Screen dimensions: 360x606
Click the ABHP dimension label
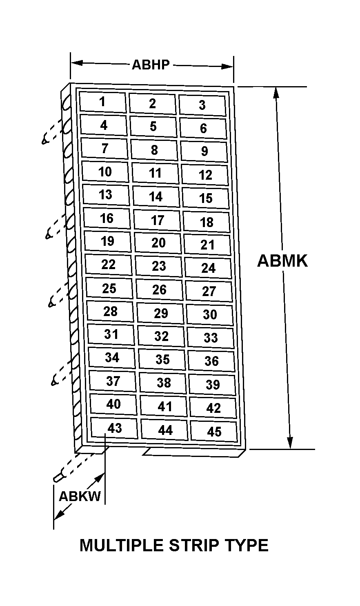point(151,65)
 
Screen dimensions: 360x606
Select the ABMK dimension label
point(282,261)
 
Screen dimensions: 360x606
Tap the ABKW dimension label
point(80,496)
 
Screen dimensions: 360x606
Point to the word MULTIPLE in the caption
point(122,545)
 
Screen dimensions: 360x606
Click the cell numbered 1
point(103,102)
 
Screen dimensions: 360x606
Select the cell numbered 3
point(202,105)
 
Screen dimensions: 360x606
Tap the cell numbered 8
point(154,150)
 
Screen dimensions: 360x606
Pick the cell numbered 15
point(206,198)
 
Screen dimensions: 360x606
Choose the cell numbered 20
point(158,243)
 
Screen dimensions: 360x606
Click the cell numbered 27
point(209,291)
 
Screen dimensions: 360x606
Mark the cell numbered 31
point(111,334)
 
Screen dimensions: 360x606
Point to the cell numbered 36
point(211,361)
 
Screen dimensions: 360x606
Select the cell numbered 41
point(164,407)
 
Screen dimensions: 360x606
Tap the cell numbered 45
point(214,432)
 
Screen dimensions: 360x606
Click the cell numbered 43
point(114,428)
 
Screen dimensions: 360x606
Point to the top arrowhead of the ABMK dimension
point(276,93)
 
